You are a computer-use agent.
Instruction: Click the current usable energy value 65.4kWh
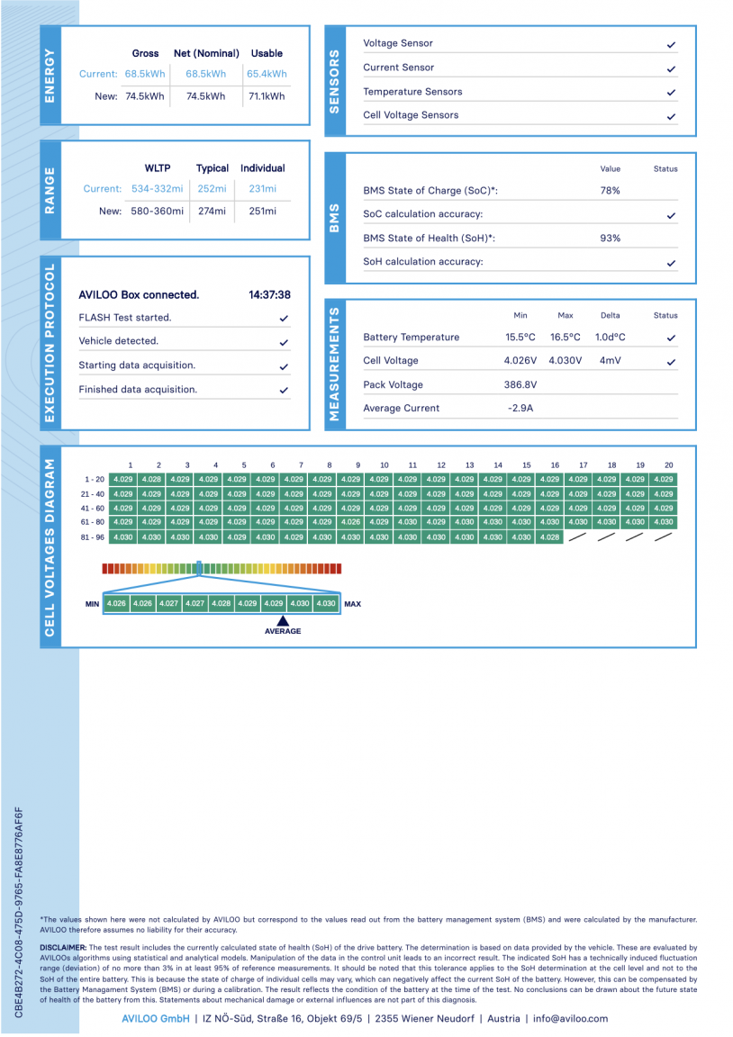[x=267, y=74]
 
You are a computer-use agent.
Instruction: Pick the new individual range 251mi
[x=263, y=211]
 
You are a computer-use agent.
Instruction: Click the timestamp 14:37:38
[x=269, y=294]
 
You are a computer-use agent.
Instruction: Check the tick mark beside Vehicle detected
[x=284, y=342]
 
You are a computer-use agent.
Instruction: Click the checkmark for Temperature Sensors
[x=672, y=93]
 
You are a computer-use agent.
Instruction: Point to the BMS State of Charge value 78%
[x=610, y=191]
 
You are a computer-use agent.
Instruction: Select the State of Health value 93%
[x=610, y=239]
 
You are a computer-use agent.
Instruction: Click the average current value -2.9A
[x=520, y=409]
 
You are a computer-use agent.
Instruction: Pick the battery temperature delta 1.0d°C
[x=610, y=338]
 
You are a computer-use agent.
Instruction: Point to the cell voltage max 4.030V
[x=566, y=361]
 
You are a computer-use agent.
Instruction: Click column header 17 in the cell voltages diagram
[x=583, y=465]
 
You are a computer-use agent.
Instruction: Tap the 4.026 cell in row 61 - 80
[x=350, y=522]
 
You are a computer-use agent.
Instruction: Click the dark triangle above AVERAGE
[x=282, y=620]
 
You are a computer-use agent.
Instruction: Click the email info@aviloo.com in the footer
[x=570, y=1019]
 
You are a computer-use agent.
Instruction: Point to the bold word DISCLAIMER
[x=63, y=948]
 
